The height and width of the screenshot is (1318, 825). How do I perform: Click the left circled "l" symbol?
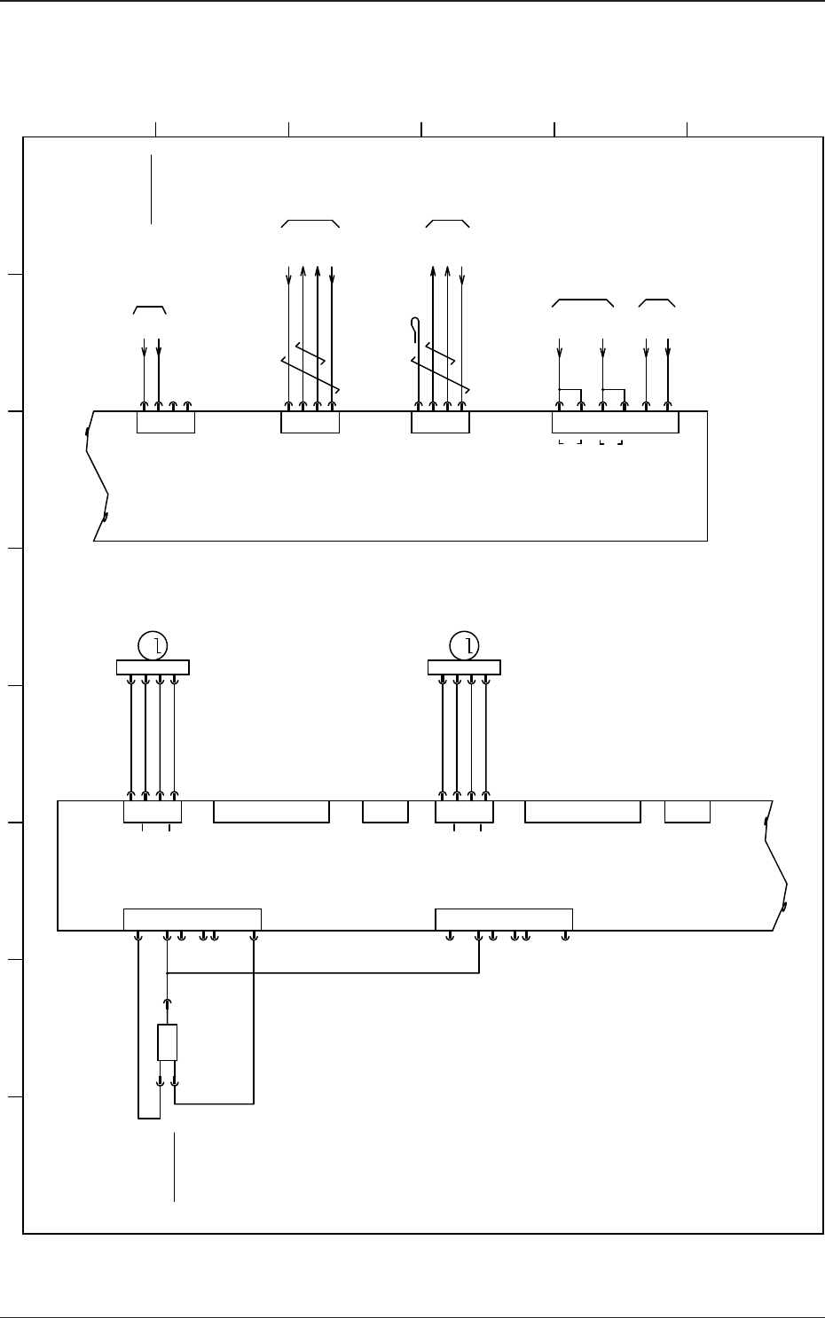pos(153,646)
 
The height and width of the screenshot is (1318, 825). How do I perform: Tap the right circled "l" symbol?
pos(464,646)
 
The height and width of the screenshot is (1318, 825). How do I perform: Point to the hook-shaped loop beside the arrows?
pos(415,328)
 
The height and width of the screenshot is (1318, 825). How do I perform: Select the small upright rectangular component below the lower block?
pos(167,1042)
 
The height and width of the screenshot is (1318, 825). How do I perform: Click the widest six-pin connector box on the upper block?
pos(615,422)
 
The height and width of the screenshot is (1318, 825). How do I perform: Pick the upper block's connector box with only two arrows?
pos(166,423)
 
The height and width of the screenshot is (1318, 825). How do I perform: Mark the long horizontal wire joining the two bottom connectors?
pos(323,973)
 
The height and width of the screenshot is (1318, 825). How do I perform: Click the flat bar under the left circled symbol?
pos(153,667)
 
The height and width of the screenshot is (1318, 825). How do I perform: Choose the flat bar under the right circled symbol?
pos(464,667)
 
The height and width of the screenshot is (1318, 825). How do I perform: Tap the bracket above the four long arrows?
pos(310,222)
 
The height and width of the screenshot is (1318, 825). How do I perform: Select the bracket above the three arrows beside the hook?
pos(447,222)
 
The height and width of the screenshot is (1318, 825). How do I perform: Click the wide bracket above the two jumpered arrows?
pos(583,303)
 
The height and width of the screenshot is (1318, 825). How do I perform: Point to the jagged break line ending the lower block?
pos(777,864)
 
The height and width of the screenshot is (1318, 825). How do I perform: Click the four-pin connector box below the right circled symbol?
pos(464,812)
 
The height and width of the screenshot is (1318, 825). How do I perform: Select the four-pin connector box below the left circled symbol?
pos(153,812)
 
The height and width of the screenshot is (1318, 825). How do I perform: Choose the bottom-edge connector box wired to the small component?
pos(192,919)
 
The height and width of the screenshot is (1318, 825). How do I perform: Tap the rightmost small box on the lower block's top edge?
pos(687,812)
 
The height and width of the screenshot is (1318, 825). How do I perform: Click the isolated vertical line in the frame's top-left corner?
pos(152,189)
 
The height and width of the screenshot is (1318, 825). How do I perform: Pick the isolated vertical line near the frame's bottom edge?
pos(175,1166)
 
